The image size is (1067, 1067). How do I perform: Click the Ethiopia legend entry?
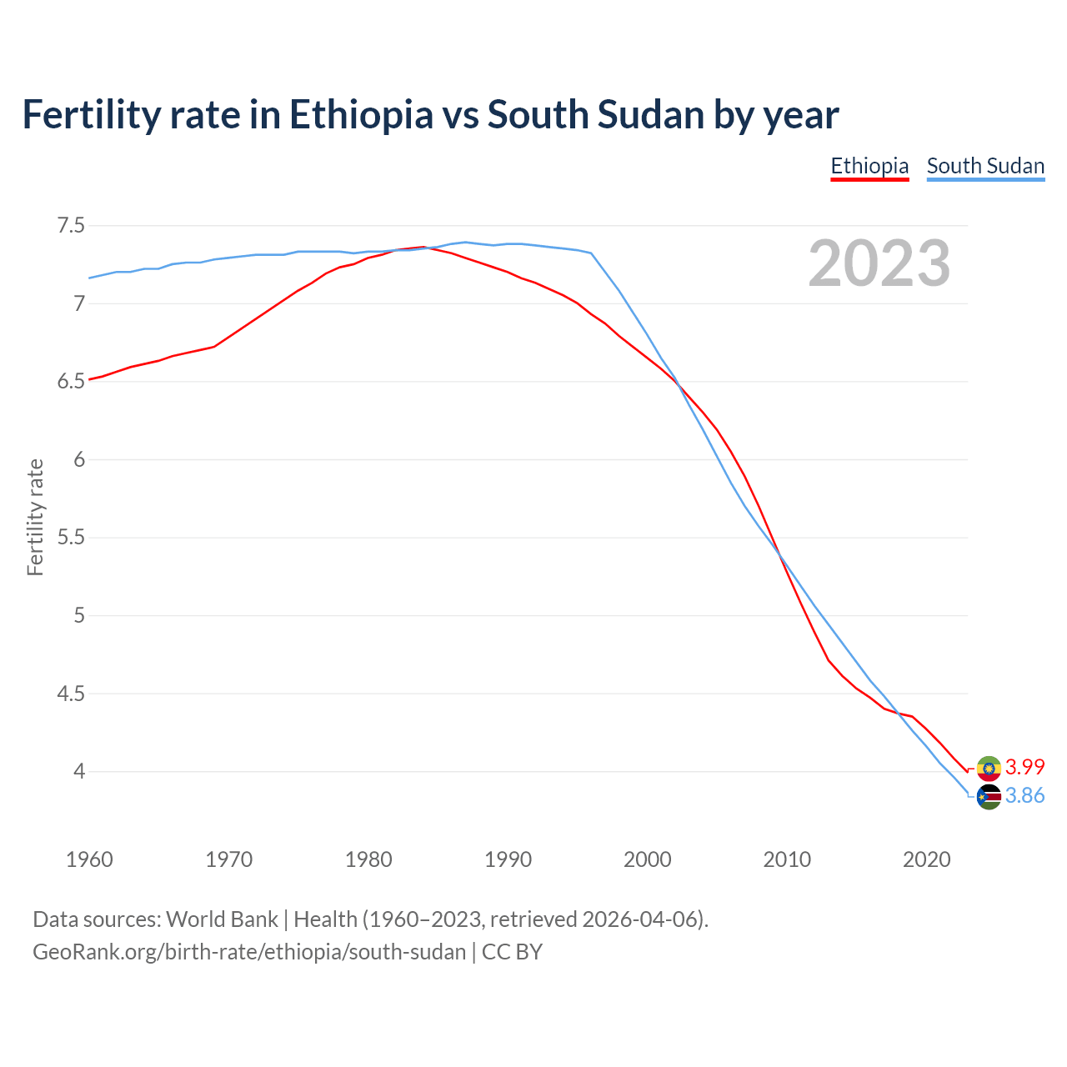coord(869,166)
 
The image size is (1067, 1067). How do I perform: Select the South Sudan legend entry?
coord(985,166)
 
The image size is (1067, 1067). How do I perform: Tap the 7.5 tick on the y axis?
coord(71,226)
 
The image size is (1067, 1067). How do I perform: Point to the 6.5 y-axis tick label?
coord(71,382)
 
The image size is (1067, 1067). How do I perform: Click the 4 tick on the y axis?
coord(79,772)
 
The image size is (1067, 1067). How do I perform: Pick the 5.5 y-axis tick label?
coord(71,538)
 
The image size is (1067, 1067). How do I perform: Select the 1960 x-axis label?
coord(89,859)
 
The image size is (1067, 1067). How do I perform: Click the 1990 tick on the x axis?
coord(508,859)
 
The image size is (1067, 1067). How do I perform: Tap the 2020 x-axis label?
coord(926,859)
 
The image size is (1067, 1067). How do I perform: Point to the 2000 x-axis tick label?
coord(647,859)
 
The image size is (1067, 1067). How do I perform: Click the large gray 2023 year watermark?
coord(879,263)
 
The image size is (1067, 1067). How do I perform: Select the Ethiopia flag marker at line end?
coord(989,768)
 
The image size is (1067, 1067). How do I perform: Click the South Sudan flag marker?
coord(989,797)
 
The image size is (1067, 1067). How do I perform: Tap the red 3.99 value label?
coord(1024,767)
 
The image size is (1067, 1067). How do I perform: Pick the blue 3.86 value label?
coord(1024,796)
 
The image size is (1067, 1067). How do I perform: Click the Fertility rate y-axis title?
coord(35,517)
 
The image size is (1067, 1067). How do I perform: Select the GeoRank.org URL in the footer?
coord(249,952)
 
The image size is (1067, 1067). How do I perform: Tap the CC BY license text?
coord(512,952)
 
